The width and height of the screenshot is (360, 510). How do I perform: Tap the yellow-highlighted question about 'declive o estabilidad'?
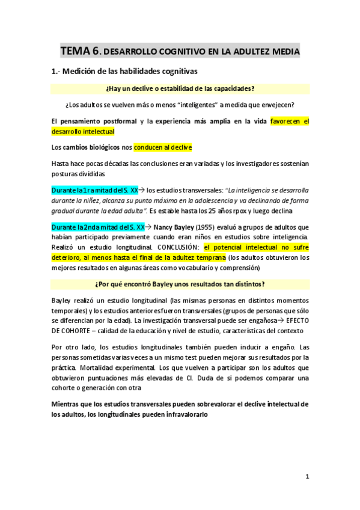pyautogui.click(x=180, y=88)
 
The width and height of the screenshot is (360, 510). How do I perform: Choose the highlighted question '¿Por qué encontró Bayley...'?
pyautogui.click(x=180, y=284)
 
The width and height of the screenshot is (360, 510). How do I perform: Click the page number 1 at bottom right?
pyautogui.click(x=307, y=477)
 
